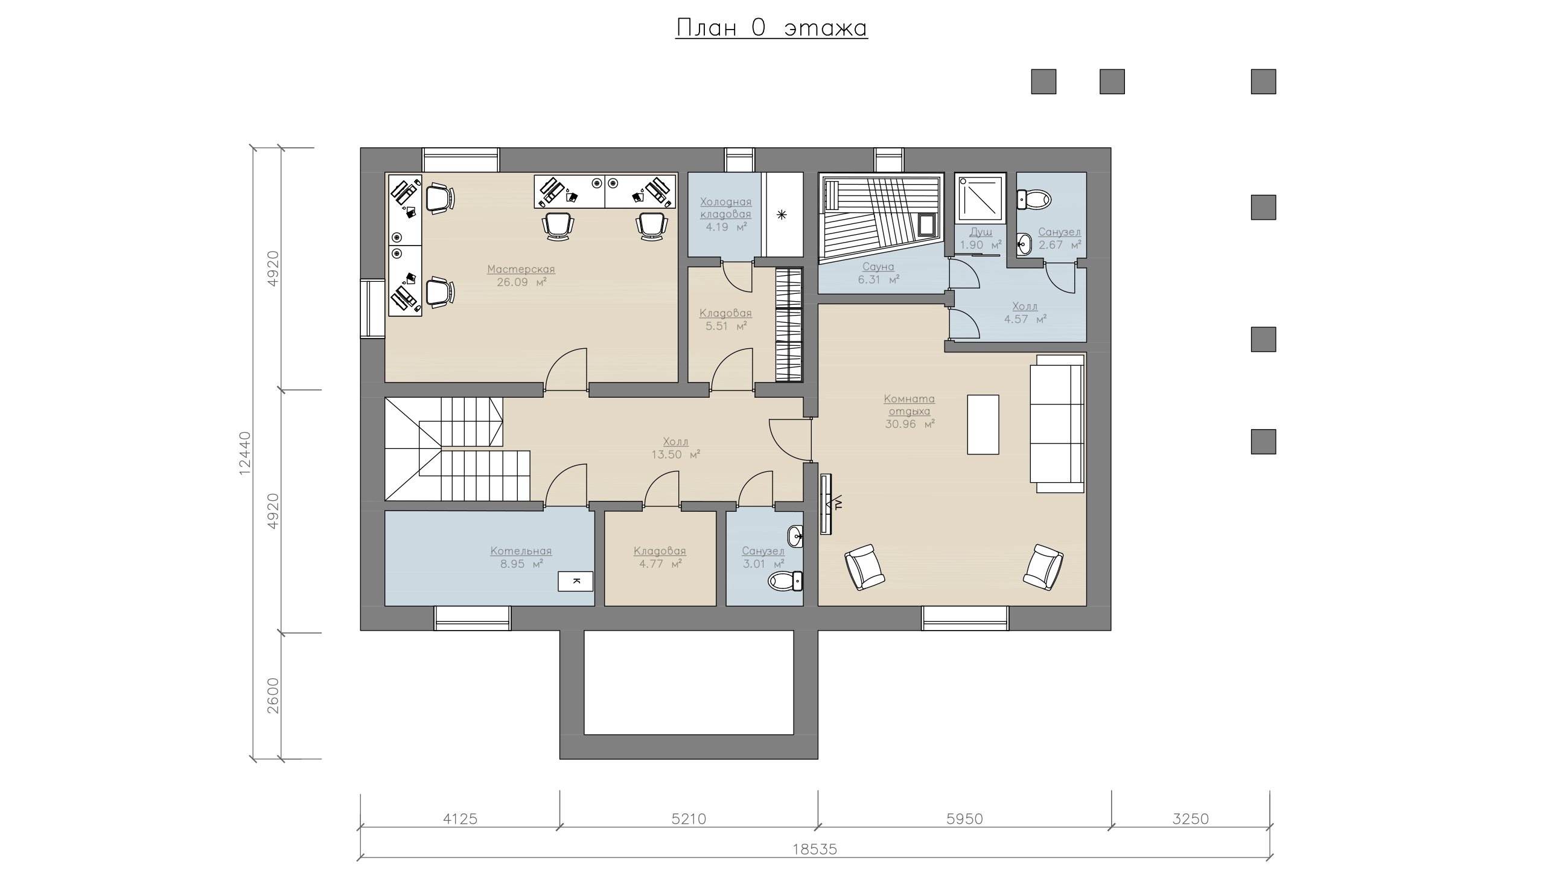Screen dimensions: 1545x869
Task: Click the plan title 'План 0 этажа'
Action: pyautogui.click(x=771, y=28)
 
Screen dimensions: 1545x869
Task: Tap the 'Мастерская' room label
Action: pyautogui.click(x=521, y=269)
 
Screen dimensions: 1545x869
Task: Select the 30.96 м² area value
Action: pyautogui.click(x=909, y=424)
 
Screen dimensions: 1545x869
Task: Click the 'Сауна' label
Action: pyautogui.click(x=878, y=266)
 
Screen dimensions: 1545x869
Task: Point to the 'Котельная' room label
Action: pyautogui.click(x=521, y=551)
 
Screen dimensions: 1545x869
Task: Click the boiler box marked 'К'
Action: pyautogui.click(x=576, y=581)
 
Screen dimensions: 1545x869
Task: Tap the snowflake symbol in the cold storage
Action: pyautogui.click(x=782, y=214)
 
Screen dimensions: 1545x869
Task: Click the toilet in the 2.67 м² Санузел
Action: pyautogui.click(x=1034, y=199)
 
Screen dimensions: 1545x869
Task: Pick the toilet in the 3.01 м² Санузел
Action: pyautogui.click(x=785, y=581)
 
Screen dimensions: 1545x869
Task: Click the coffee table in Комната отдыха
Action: pyautogui.click(x=983, y=424)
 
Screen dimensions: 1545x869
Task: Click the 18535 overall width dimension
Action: pyautogui.click(x=815, y=850)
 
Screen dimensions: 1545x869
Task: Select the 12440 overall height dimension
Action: pyautogui.click(x=244, y=453)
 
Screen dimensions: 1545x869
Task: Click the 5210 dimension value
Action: pyautogui.click(x=689, y=819)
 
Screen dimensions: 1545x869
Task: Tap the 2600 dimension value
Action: pyautogui.click(x=273, y=696)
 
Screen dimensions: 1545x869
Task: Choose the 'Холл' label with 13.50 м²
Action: pyautogui.click(x=675, y=442)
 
